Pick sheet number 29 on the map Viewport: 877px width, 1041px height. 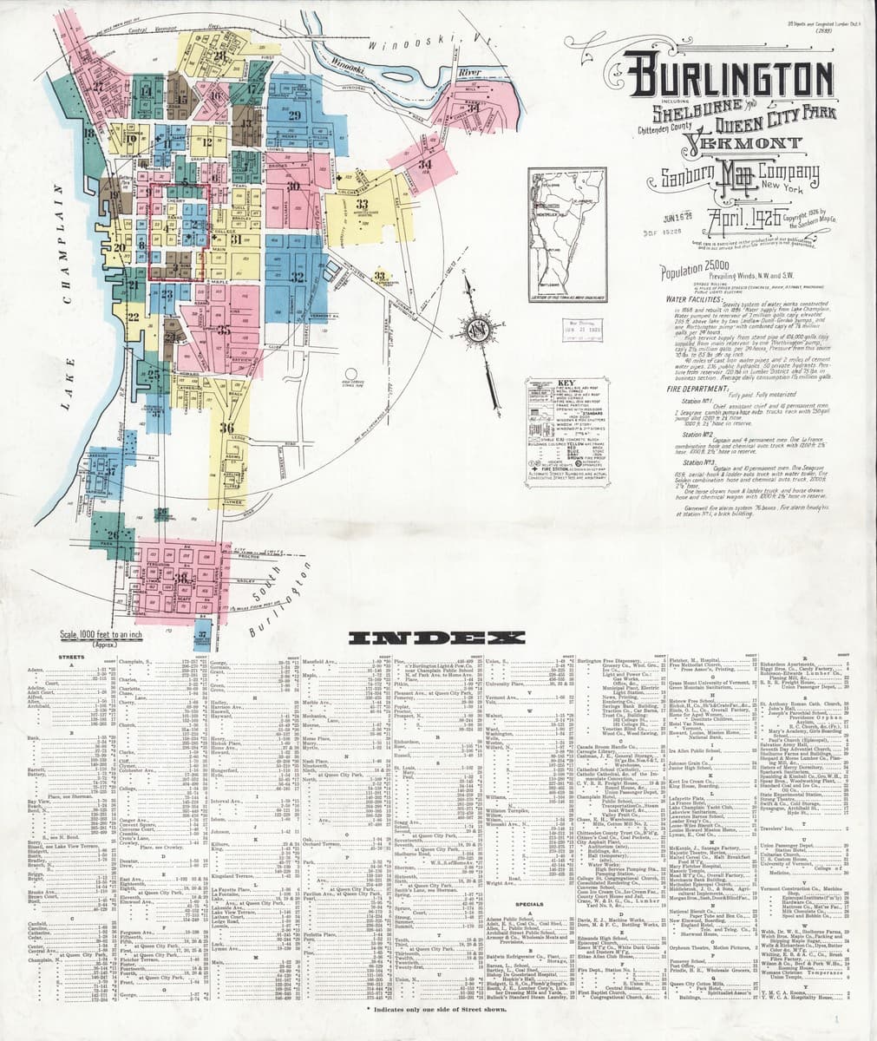pos(294,115)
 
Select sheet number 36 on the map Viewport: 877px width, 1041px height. pos(227,428)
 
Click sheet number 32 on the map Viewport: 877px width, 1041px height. pos(297,278)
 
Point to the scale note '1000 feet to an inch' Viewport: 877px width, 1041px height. pos(89,635)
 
